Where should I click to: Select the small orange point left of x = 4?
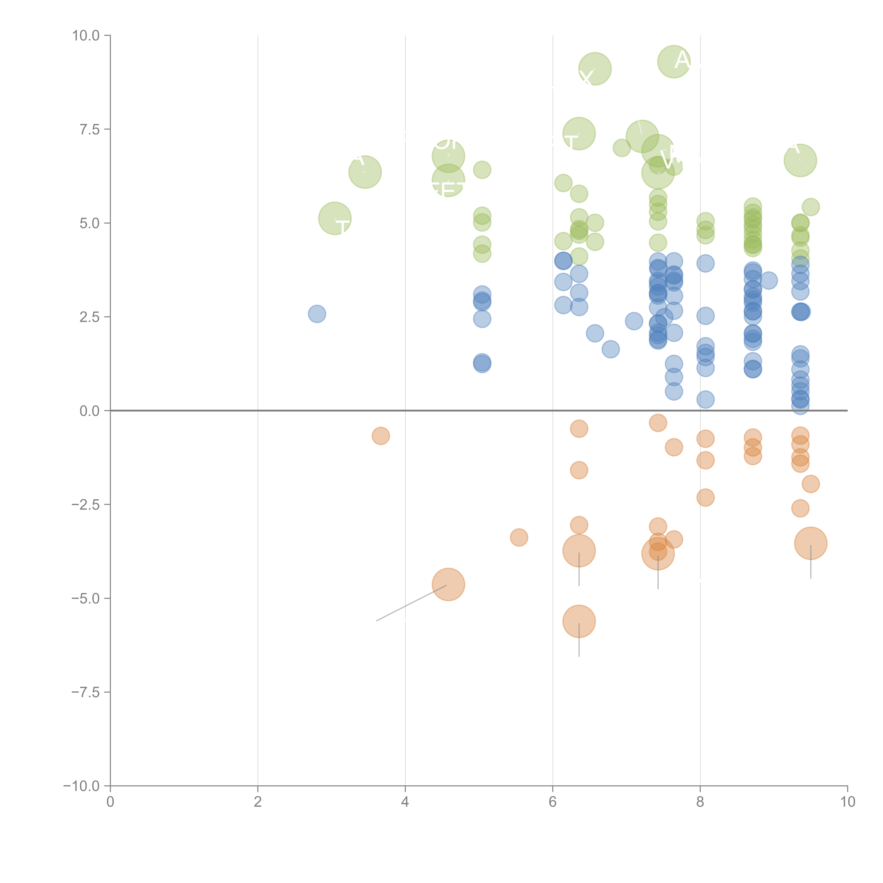(381, 436)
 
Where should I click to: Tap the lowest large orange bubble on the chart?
(579, 621)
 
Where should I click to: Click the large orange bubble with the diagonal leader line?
(448, 585)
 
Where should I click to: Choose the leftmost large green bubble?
(335, 218)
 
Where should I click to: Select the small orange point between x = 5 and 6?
(519, 537)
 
